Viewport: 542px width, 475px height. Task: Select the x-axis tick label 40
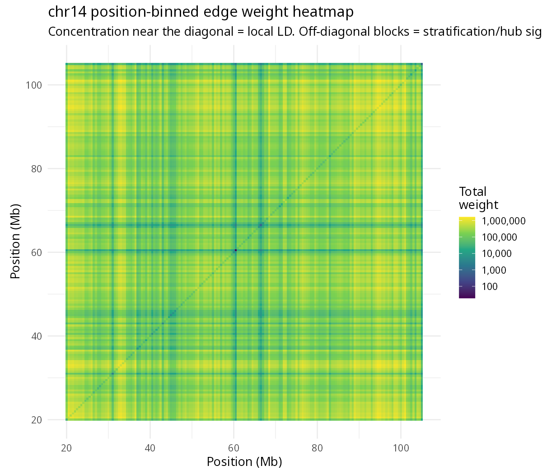coord(150,448)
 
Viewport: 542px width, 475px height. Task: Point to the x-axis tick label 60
coord(234,448)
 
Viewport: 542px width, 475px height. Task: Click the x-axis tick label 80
coord(317,448)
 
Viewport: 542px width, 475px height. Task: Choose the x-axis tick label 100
coord(401,448)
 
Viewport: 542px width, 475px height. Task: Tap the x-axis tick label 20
coord(66,448)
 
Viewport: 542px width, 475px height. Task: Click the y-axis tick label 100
coord(33,85)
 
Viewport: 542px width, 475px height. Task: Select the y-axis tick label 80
coord(37,169)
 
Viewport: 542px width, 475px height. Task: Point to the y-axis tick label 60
coord(37,252)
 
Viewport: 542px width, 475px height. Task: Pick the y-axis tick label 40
coord(37,336)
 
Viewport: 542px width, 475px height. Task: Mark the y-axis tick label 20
coord(37,420)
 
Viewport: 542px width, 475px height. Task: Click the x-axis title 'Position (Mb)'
coord(244,462)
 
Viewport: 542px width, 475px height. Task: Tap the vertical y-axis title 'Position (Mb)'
coord(15,241)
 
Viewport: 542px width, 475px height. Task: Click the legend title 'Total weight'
coord(478,198)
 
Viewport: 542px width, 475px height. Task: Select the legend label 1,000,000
coord(504,221)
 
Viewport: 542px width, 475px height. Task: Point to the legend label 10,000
coord(497,254)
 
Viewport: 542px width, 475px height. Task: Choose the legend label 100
coord(490,287)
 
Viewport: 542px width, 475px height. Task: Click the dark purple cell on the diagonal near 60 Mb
coord(235,250)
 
